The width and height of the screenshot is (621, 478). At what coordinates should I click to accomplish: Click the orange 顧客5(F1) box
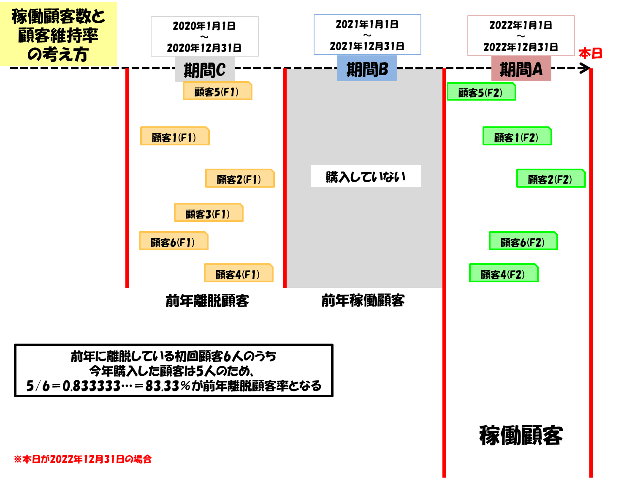[217, 91]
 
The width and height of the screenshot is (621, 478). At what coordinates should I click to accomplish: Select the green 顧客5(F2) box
[481, 92]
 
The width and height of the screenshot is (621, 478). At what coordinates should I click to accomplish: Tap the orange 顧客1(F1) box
[175, 136]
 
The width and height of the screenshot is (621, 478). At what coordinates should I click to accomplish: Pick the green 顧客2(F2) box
[551, 178]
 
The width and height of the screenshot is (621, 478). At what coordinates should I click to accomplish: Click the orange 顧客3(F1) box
[209, 213]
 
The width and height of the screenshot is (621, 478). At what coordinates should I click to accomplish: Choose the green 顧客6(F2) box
[523, 241]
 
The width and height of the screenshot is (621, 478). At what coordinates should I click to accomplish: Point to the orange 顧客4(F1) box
[239, 273]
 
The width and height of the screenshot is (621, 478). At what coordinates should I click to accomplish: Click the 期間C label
[205, 70]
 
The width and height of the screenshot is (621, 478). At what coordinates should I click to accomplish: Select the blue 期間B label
[367, 68]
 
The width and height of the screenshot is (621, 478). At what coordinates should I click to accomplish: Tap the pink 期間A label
[521, 69]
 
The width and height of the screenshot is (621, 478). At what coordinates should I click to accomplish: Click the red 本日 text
[590, 54]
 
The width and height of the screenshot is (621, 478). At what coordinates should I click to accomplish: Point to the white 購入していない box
[366, 176]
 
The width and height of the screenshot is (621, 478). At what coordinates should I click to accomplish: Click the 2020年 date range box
[205, 36]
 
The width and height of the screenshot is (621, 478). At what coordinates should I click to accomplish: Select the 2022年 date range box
[521, 36]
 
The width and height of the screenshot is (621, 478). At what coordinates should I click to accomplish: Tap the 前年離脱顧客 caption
[207, 301]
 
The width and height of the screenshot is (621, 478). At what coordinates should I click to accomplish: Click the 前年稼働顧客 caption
[363, 300]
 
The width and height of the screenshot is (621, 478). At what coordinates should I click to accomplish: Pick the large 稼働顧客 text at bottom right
[521, 435]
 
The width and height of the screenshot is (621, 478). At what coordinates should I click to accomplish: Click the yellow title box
[58, 34]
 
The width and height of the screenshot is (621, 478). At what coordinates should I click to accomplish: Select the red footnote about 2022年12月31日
[83, 459]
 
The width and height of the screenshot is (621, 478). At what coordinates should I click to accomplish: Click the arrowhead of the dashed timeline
[586, 68]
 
